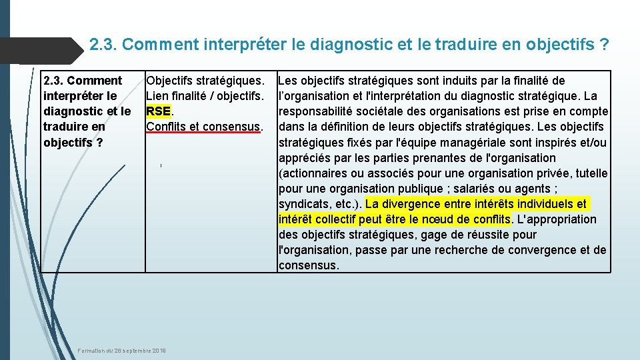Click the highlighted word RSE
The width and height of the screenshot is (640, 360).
[x=159, y=111]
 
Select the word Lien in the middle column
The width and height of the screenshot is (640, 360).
[x=157, y=96]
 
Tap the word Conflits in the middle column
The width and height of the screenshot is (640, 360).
[x=165, y=127]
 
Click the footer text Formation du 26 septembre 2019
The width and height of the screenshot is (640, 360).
[x=122, y=351]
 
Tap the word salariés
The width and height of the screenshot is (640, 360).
[x=493, y=189]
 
